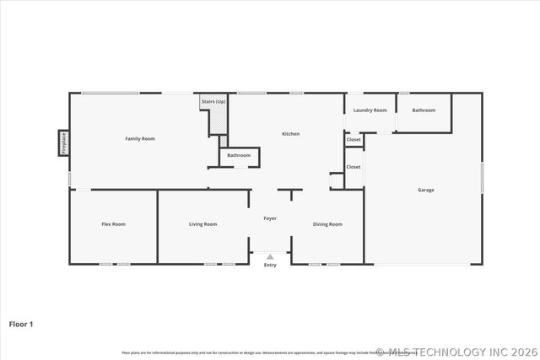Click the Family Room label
pyautogui.click(x=140, y=138)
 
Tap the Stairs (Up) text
pyautogui.click(x=213, y=102)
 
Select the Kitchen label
pyautogui.click(x=290, y=133)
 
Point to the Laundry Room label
pyautogui.click(x=370, y=110)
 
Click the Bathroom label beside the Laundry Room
pyautogui.click(x=424, y=110)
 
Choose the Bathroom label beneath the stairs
pyautogui.click(x=239, y=155)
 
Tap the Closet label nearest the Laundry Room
pyautogui.click(x=354, y=139)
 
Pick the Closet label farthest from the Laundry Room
pyautogui.click(x=354, y=167)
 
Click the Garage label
pyautogui.click(x=426, y=190)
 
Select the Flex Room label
pyautogui.click(x=113, y=223)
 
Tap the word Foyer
pyautogui.click(x=270, y=218)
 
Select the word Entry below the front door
pyautogui.click(x=270, y=266)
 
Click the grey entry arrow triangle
pyautogui.click(x=270, y=257)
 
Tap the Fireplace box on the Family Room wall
pyautogui.click(x=63, y=142)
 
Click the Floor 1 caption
pyautogui.click(x=21, y=323)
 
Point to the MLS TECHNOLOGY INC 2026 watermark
pyautogui.click(x=456, y=352)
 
